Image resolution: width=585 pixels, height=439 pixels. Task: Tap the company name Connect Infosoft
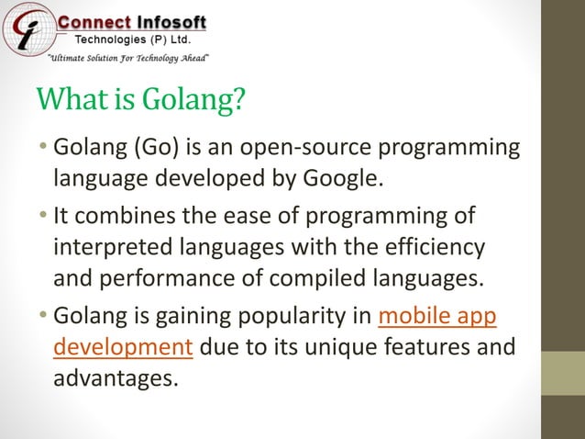pos(132,21)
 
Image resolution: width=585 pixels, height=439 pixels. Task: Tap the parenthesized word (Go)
pos(160,148)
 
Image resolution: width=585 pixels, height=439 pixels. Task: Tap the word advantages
pos(114,377)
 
